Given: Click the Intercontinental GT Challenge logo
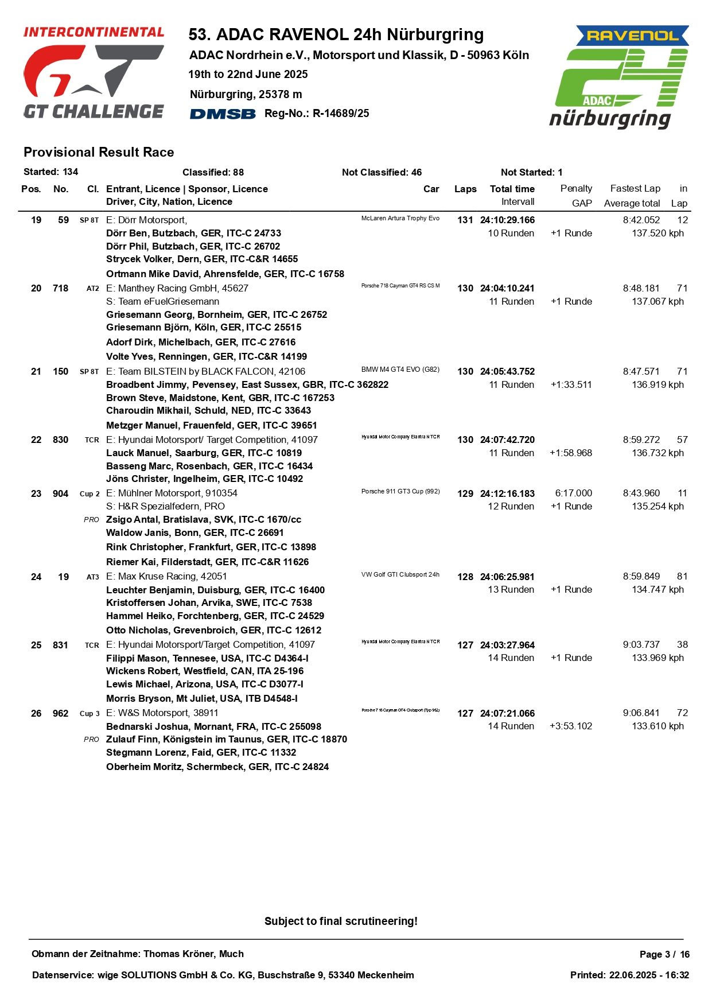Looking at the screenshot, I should point(94,72).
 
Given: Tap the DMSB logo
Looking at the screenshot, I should point(223,114).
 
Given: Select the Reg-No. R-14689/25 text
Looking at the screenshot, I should point(317,114).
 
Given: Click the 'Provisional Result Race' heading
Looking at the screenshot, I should point(99,152).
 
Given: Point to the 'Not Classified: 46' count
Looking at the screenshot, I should point(382,172).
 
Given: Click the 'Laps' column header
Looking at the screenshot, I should point(465,189).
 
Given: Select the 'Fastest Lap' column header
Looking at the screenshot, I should point(635,188).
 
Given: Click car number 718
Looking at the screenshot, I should point(60,288).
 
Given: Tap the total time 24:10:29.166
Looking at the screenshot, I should point(507,220).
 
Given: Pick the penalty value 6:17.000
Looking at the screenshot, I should point(573,493).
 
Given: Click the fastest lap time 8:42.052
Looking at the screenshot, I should point(641,220).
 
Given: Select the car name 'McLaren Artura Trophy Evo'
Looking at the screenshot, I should point(400,218).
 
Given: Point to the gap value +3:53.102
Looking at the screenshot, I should point(570,726).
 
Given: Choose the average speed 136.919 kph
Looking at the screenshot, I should point(657,384).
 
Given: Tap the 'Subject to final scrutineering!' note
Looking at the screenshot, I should point(341,921).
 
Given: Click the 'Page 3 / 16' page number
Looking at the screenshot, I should point(664,954).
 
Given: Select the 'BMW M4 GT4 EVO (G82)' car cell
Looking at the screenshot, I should point(400,370).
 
